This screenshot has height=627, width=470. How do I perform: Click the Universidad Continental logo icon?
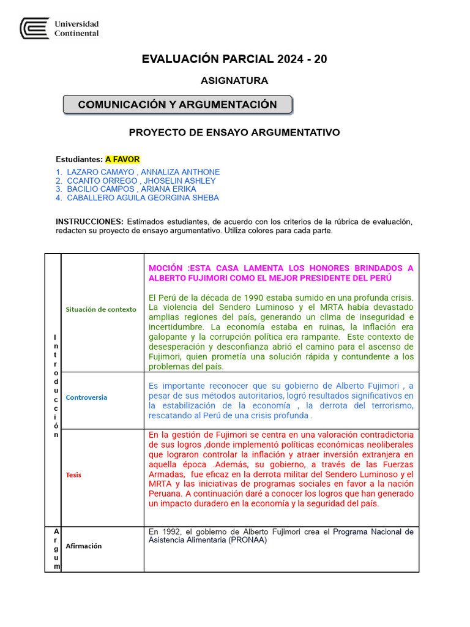click(x=34, y=29)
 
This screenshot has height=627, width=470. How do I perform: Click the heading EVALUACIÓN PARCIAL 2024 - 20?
click(x=234, y=59)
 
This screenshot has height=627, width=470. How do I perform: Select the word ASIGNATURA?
click(x=234, y=81)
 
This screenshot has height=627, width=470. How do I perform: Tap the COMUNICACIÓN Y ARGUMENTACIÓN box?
click(x=177, y=105)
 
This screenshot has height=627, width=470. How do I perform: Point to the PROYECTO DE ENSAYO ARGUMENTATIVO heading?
click(x=234, y=132)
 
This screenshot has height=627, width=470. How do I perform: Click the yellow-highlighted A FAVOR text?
click(x=122, y=160)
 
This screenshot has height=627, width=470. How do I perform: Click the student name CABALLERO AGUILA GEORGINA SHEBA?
click(x=143, y=198)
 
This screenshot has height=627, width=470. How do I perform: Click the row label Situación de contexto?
click(x=101, y=310)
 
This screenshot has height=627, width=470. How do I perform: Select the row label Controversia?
click(x=86, y=397)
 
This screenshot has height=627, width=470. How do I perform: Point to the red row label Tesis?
click(x=73, y=475)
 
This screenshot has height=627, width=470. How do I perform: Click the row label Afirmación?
click(x=84, y=546)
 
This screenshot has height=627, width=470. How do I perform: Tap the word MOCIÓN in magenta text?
click(x=165, y=268)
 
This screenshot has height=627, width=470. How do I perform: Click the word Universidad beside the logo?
click(x=76, y=24)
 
